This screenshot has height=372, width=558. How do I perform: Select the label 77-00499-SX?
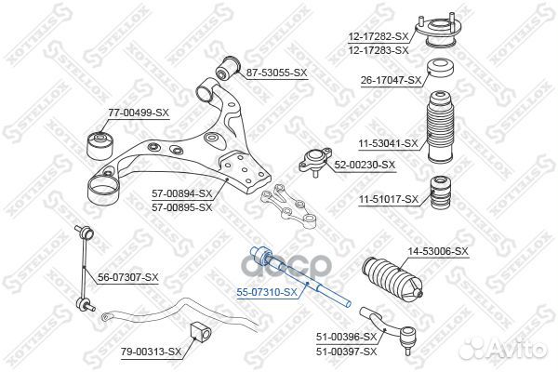click(x=139, y=113)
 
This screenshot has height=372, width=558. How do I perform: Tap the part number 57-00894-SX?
click(x=182, y=193)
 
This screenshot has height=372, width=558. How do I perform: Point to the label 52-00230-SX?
click(x=365, y=165)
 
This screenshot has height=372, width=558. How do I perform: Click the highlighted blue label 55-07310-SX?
click(x=268, y=292)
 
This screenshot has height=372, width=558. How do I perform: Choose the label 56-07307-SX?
click(x=128, y=277)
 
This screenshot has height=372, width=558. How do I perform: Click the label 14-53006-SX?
click(x=439, y=251)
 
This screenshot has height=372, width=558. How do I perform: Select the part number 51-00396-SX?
click(x=345, y=336)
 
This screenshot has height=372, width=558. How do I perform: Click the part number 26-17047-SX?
click(x=392, y=80)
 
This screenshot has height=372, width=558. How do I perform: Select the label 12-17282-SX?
click(x=376, y=35)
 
